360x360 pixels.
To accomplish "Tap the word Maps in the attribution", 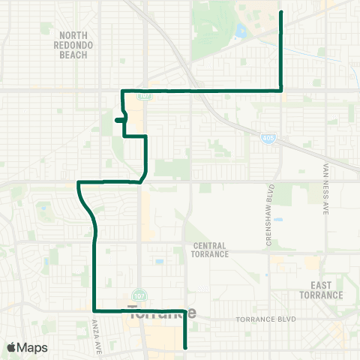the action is [34, 347].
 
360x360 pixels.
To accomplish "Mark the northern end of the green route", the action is [281, 13].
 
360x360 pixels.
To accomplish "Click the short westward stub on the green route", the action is [118, 119].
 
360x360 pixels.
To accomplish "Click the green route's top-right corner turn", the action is [281, 90].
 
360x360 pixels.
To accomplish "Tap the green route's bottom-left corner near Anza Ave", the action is [94, 310].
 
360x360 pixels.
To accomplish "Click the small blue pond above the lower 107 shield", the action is [159, 262].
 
